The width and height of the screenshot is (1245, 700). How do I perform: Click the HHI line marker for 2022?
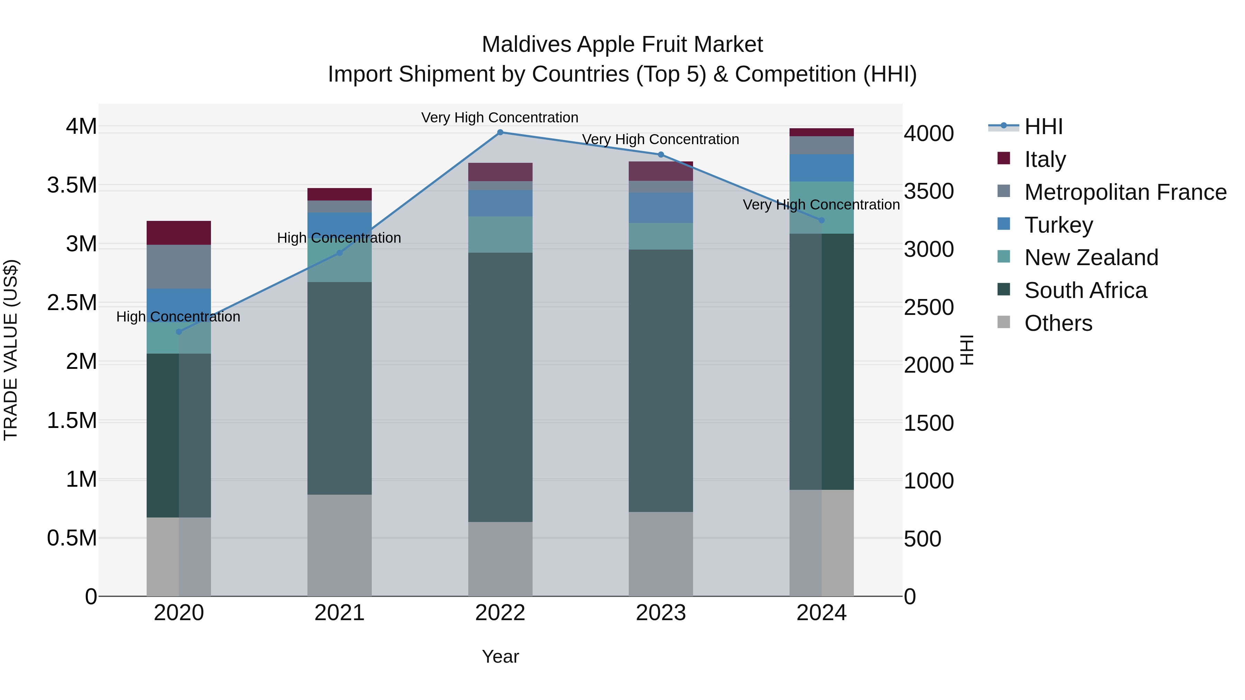click(500, 132)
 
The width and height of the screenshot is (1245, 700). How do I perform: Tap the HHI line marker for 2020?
click(179, 332)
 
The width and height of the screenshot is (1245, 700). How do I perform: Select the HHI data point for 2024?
click(822, 220)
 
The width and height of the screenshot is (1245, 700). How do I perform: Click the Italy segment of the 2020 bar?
click(179, 233)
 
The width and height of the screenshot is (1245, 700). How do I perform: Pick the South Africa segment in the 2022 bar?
click(500, 386)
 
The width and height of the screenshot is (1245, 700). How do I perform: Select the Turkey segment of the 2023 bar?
click(661, 208)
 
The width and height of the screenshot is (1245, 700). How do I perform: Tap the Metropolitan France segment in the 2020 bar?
click(179, 267)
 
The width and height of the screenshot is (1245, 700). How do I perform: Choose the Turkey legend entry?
click(1059, 225)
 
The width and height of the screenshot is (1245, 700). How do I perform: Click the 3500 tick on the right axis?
click(929, 191)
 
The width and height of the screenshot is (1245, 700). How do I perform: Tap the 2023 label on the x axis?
click(661, 613)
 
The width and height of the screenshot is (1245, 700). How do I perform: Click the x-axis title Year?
click(500, 656)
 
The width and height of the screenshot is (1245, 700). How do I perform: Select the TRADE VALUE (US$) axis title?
click(11, 350)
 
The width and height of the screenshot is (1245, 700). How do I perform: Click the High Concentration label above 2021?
click(339, 238)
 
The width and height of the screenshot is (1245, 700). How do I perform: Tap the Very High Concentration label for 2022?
click(500, 118)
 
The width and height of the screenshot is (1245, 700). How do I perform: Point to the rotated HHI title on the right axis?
click(966, 350)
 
